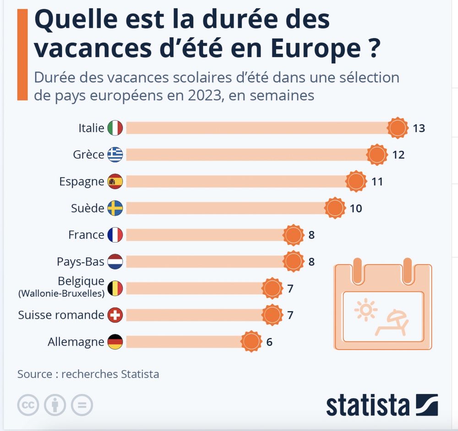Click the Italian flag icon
[x=115, y=128]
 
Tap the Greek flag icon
[x=115, y=155]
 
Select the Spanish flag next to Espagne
[x=115, y=181]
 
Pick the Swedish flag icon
[x=115, y=208]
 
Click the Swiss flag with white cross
[x=115, y=315]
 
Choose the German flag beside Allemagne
[x=115, y=342]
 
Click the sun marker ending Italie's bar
[x=397, y=128]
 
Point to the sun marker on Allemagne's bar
[x=251, y=342]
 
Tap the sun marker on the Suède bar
[x=335, y=208]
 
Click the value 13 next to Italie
[x=419, y=128]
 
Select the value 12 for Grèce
[x=398, y=155]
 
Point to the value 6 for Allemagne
[x=269, y=342]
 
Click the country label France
[x=86, y=235]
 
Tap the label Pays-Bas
[x=81, y=262]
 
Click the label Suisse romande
[x=61, y=315]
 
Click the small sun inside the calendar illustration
[x=365, y=310]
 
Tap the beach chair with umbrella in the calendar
[x=392, y=322]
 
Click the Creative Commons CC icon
[x=28, y=405]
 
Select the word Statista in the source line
[x=140, y=374]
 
